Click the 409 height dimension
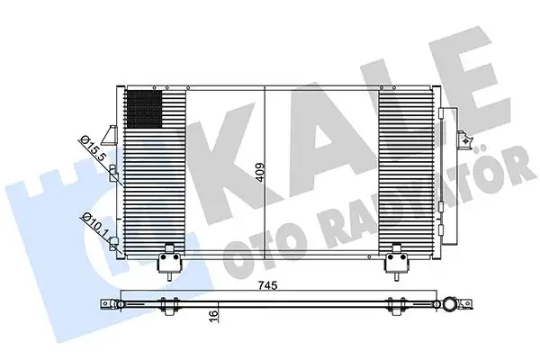[x=260, y=170]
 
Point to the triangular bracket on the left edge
[x=112, y=133]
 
